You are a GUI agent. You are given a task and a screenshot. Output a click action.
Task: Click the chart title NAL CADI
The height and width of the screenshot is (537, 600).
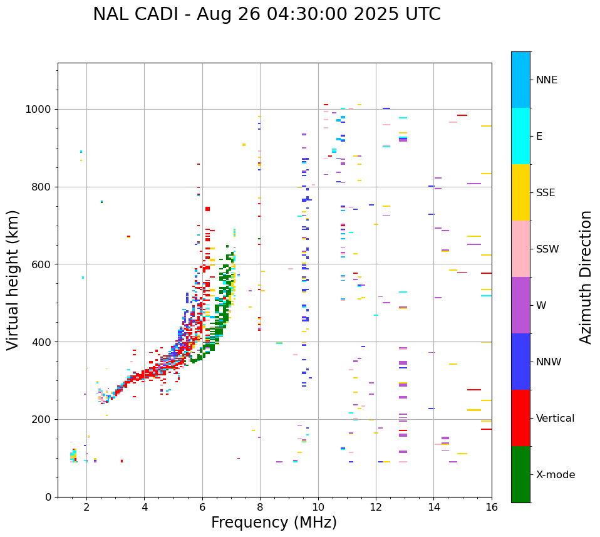(x=266, y=14)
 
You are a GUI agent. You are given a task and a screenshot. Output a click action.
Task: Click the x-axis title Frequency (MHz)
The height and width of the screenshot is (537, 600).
(x=274, y=523)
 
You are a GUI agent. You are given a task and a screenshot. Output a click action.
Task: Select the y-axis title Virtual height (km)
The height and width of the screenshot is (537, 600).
(x=13, y=279)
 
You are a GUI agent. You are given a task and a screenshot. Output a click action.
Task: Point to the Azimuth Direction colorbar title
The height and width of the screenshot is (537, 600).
(x=586, y=276)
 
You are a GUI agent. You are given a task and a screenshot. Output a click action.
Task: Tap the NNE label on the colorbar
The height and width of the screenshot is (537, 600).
(x=546, y=80)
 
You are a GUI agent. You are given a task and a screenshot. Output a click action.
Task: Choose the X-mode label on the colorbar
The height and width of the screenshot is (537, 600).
(x=555, y=475)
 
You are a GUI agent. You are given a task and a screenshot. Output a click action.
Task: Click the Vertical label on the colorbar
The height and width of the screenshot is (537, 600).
(x=555, y=419)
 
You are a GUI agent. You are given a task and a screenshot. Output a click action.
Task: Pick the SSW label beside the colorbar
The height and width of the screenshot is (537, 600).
(x=547, y=249)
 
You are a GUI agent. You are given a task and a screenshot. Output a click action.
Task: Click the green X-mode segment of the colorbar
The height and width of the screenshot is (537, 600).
(x=520, y=474)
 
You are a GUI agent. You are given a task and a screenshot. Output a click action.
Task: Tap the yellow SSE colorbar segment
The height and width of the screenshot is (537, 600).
(x=520, y=192)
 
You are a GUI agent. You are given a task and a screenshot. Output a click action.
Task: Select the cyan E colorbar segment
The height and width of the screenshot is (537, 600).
(x=520, y=136)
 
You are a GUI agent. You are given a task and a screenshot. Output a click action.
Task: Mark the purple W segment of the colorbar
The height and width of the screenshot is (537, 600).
(x=520, y=305)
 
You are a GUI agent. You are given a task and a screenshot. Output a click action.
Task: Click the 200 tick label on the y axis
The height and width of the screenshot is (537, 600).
(x=43, y=419)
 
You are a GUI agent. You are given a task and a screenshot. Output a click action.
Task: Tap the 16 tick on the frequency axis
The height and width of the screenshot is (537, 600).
(x=492, y=507)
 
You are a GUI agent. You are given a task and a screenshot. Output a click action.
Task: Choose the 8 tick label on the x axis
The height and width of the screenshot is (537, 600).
(x=260, y=507)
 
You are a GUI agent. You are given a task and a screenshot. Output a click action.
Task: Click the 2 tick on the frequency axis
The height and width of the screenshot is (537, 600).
(x=86, y=507)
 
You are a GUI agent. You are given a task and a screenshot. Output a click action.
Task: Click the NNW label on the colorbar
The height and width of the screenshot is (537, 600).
(x=549, y=362)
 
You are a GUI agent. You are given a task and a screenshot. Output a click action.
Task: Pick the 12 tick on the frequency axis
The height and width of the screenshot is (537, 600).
(x=376, y=507)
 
